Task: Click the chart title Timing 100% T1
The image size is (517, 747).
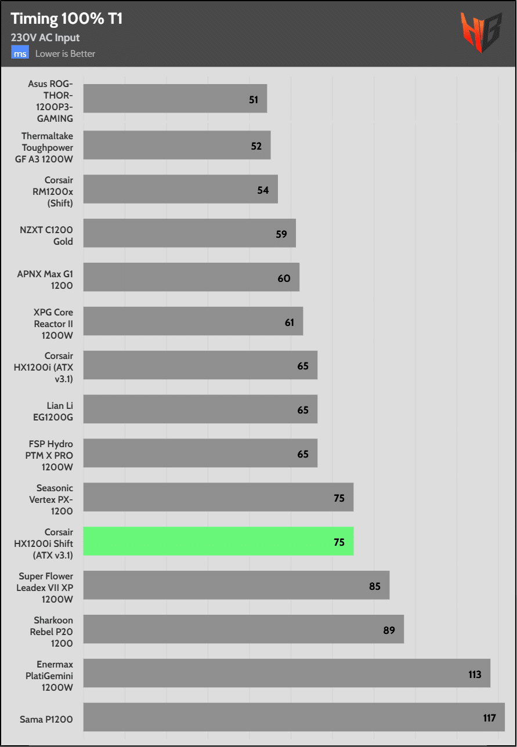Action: tap(67, 19)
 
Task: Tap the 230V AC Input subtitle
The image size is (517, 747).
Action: tap(45, 38)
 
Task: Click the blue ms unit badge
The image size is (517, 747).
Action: tap(20, 53)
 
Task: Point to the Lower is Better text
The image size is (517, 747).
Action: tap(65, 54)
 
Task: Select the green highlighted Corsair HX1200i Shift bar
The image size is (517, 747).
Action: tap(218, 541)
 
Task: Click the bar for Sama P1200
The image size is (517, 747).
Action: tap(294, 717)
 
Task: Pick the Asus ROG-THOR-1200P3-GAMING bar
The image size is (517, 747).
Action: tap(175, 99)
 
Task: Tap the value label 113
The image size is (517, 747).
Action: tap(475, 674)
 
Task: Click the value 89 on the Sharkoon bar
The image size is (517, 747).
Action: tap(389, 630)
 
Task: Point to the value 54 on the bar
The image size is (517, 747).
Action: tap(263, 190)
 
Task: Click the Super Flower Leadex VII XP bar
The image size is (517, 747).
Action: tap(236, 585)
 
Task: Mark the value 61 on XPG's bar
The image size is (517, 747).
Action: tap(290, 322)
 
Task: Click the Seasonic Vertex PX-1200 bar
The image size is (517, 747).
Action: tap(218, 497)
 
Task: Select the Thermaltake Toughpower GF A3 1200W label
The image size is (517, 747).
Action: tap(48, 147)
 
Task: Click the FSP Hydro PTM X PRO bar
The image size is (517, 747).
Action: tap(200, 453)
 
